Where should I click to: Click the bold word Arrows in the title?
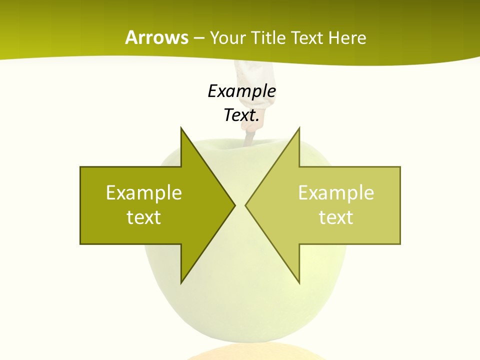click(157, 37)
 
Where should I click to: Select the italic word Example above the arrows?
click(242, 91)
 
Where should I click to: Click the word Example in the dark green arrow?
click(144, 192)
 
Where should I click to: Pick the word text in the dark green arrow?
click(144, 217)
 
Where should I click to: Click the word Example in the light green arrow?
click(336, 192)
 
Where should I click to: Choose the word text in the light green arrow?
click(336, 217)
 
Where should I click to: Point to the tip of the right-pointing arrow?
click(234, 205)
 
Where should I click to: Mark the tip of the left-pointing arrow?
click(246, 205)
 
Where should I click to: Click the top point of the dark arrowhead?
click(181, 128)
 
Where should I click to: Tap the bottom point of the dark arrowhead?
click(181, 282)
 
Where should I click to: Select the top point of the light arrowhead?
click(299, 128)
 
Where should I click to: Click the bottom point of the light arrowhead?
click(299, 282)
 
